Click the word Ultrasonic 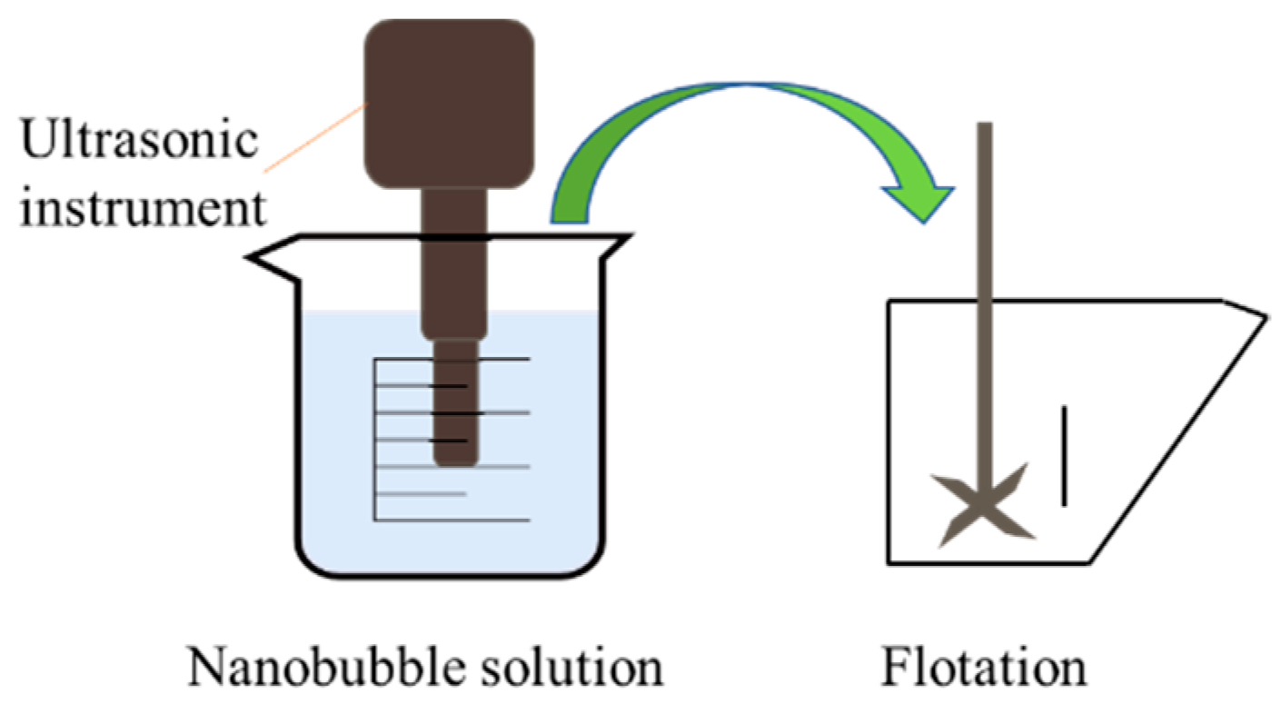tap(140, 144)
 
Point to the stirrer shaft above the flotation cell tap(985, 209)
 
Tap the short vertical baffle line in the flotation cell tap(1064, 456)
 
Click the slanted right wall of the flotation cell tap(1181, 436)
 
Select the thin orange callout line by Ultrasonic tap(313, 136)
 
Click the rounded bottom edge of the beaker tap(450, 574)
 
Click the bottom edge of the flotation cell tap(990, 560)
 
